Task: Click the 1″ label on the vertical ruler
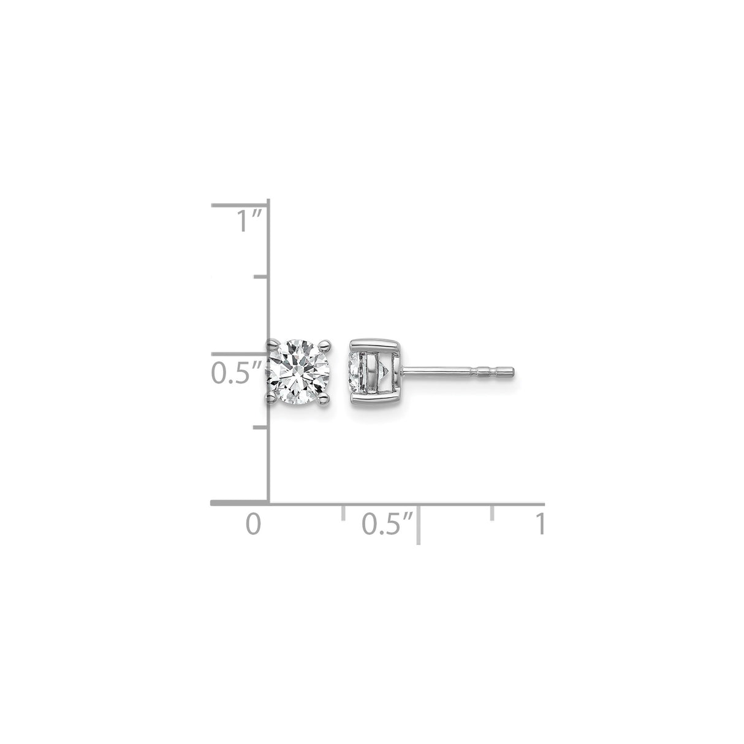click(248, 221)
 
